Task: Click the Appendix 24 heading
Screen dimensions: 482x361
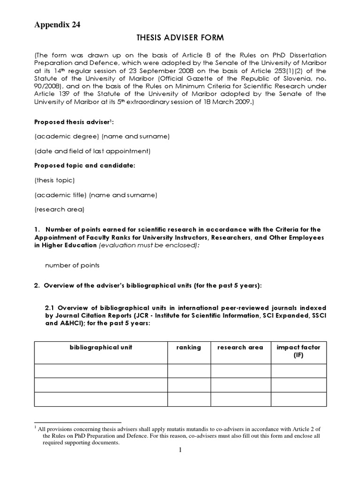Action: [x=57, y=25]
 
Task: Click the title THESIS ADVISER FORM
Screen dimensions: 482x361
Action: [x=180, y=39]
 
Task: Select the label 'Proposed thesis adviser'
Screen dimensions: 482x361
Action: [x=71, y=122]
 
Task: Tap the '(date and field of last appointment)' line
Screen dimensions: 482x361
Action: [x=92, y=151]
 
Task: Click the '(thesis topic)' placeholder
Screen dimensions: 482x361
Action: [x=55, y=180]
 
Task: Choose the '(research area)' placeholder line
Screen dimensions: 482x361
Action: [x=59, y=209]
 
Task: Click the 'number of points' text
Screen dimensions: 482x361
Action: [x=72, y=265]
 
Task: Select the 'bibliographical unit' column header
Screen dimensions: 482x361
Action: [x=101, y=347]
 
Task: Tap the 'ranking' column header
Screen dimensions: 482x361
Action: [x=188, y=347]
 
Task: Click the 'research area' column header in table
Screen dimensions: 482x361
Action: [x=240, y=347]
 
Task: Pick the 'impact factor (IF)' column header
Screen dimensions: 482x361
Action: [x=298, y=351]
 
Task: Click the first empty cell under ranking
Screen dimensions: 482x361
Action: [x=189, y=370]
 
